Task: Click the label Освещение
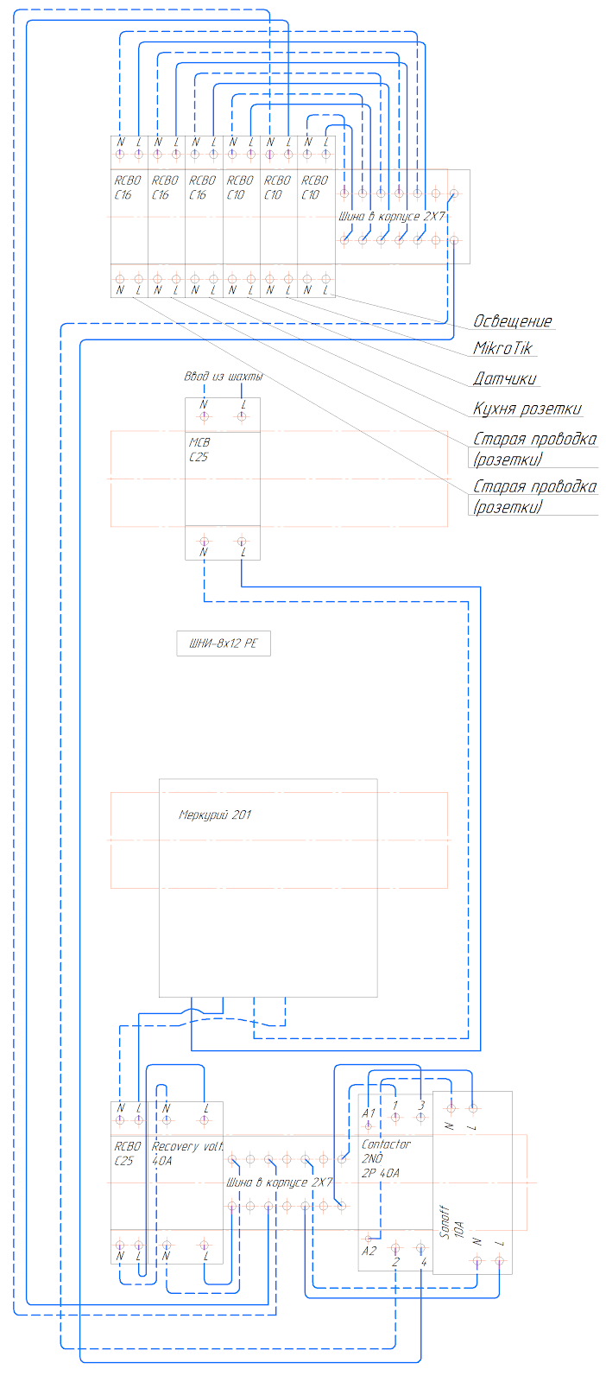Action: click(512, 321)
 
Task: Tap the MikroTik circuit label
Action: click(502, 348)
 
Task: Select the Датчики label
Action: click(504, 378)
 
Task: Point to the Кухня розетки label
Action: click(527, 409)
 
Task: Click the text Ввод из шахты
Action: click(223, 377)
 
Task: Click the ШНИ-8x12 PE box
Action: click(224, 643)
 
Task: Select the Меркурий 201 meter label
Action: click(215, 815)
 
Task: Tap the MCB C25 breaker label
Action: click(199, 450)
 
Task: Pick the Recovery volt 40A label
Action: click(186, 1153)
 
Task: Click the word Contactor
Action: click(386, 1144)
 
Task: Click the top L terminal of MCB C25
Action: click(242, 416)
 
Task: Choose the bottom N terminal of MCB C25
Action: click(204, 542)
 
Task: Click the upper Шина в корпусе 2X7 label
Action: click(392, 216)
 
